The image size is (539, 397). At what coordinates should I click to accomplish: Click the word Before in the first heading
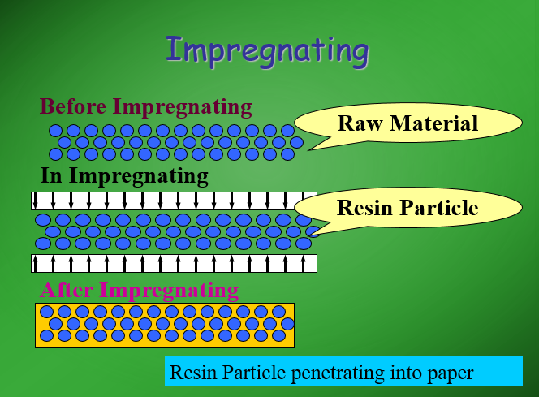coord(75,106)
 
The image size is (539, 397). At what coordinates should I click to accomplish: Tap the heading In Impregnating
coord(124,175)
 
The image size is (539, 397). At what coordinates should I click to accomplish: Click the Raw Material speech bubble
coord(407,123)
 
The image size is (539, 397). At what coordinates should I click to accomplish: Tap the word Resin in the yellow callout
coord(364,208)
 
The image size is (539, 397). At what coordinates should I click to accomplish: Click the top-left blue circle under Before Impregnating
coord(56,131)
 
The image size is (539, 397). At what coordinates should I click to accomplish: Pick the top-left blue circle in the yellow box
coord(47,311)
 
